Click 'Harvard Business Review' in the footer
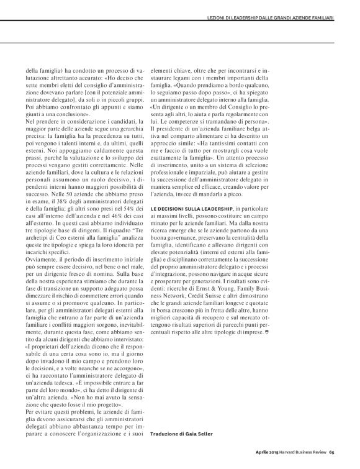(307, 452)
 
